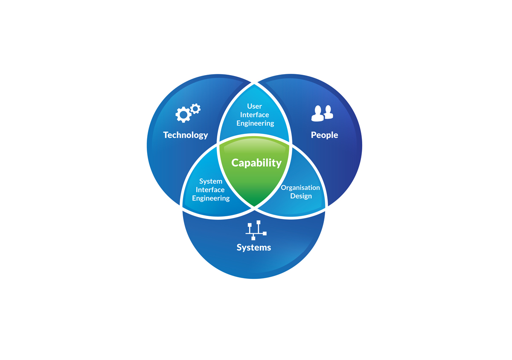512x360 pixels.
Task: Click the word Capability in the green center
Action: pos(256,163)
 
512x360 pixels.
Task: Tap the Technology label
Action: pos(186,135)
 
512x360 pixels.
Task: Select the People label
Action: pos(324,135)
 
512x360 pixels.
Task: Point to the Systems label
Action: pos(254,247)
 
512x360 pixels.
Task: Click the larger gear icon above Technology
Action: pos(183,114)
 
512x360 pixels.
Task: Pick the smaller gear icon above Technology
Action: pos(195,108)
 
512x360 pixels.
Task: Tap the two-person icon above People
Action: pos(322,113)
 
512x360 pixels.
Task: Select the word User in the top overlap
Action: pos(255,106)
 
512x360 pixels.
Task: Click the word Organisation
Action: pos(300,188)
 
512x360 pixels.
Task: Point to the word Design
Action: pos(301,196)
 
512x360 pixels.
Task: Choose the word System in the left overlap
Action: pos(211,181)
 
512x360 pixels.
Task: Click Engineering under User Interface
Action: pos(255,123)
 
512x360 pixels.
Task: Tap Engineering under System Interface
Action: pos(211,198)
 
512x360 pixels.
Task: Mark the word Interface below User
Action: pos(255,115)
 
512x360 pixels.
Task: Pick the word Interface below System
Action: pos(210,190)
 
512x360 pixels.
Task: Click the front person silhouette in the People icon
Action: pos(318,113)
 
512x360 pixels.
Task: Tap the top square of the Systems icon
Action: pos(258,222)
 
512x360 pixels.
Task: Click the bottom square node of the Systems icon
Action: pos(253,238)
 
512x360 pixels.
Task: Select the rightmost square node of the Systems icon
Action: pos(265,233)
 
